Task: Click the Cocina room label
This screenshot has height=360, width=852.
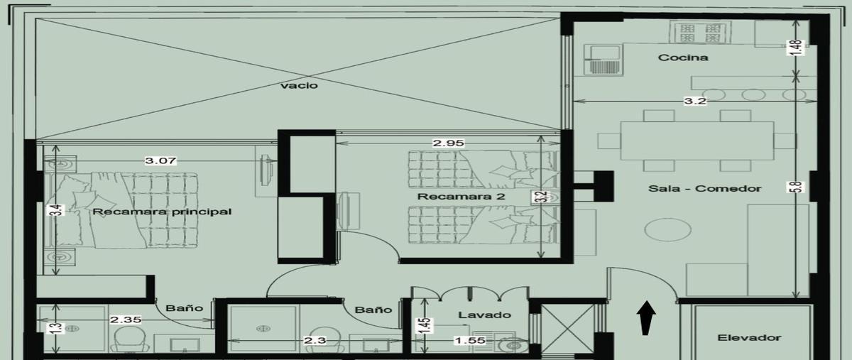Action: [683, 58]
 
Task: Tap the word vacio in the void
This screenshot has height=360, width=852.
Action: [299, 85]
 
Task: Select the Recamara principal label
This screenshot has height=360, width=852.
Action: [162, 212]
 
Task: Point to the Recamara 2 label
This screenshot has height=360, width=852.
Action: [461, 197]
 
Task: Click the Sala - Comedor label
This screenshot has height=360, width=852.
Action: [705, 188]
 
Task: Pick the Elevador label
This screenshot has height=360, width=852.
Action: [749, 337]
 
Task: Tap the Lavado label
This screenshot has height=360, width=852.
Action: [484, 315]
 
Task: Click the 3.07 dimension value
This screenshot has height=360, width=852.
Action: [160, 160]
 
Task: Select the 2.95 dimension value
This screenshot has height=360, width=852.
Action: [449, 143]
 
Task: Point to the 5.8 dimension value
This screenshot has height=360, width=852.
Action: [797, 187]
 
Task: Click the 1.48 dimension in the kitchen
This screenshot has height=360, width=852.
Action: [796, 48]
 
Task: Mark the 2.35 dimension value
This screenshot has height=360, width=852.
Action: [126, 320]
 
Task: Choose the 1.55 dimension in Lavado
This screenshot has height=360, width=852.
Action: [470, 340]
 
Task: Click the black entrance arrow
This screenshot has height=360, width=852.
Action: [646, 318]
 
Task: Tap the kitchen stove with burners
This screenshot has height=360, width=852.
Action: [700, 32]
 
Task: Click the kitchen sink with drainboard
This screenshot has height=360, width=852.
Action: [603, 60]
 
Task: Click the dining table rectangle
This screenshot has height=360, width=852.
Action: [697, 141]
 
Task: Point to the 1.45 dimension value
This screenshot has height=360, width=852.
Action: [425, 326]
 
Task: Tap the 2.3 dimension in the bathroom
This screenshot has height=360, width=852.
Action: [315, 340]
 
